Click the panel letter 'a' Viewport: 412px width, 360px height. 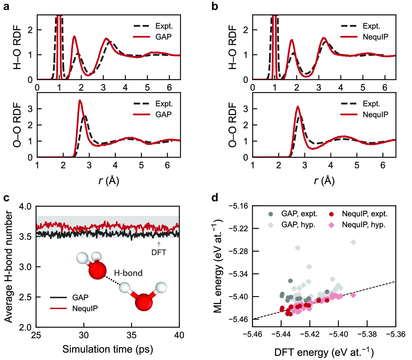tap(6, 6)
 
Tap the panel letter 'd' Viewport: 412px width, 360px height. tap(215, 198)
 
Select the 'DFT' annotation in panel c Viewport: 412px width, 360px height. tap(159, 252)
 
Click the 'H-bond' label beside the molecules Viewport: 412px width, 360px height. tap(128, 273)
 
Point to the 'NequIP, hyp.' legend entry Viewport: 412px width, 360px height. tap(363, 225)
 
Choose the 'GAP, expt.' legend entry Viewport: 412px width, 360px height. tap(299, 214)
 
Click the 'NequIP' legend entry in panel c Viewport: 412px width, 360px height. tap(85, 308)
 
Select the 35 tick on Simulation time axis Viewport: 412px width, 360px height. tap(131, 335)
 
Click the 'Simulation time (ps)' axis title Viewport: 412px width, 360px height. tap(108, 349)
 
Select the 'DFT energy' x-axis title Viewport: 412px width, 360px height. tap(324, 352)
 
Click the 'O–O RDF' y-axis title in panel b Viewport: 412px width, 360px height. tap(233, 125)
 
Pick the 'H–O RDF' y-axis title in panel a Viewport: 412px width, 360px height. tap(17, 47)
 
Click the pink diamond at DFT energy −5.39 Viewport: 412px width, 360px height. tap(353, 295)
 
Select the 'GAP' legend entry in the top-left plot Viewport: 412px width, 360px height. tap(163, 37)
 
